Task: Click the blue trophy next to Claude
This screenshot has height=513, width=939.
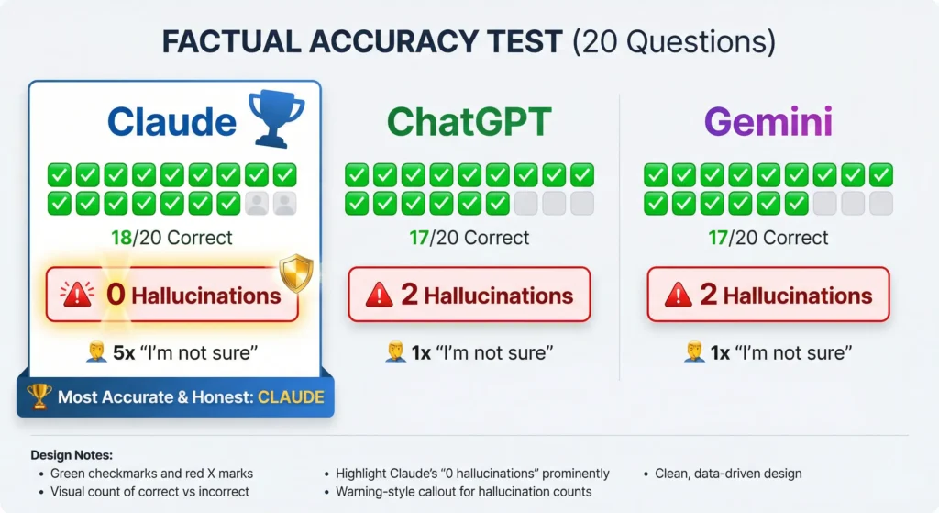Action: coord(277,118)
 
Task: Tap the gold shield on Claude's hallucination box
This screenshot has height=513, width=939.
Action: coord(296,273)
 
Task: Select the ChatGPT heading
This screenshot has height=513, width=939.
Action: coord(469,122)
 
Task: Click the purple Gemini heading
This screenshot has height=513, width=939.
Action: coord(768,122)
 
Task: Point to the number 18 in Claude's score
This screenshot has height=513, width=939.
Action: coord(121,238)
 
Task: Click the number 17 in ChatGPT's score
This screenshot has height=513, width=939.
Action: coord(419,238)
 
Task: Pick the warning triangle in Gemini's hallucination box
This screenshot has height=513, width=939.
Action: coord(678,295)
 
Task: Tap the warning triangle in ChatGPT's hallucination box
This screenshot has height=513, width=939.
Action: coord(379,295)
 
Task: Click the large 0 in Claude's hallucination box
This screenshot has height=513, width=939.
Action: coord(116,295)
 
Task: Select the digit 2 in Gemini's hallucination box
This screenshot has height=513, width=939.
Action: coord(709,295)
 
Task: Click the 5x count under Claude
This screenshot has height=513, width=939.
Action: coord(124,353)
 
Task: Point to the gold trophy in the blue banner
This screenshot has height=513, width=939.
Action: coord(39,396)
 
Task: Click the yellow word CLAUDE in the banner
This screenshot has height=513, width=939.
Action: coord(291,396)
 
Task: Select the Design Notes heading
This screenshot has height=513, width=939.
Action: coord(72,455)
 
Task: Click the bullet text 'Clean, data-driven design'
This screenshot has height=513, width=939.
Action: coord(728,474)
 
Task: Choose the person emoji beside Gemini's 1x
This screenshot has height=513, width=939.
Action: coord(695,351)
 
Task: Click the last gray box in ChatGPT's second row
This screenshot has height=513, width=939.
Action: coord(582,203)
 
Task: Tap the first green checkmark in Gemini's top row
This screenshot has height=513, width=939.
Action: coord(656,175)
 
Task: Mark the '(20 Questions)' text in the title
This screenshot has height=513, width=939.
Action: coord(674,42)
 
